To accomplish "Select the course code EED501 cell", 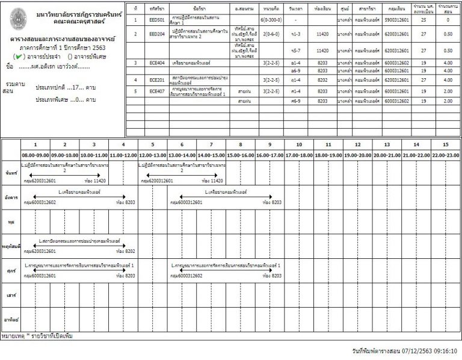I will pos(158,20).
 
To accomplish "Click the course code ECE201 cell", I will pos(158,79).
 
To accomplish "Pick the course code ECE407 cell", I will pos(158,91).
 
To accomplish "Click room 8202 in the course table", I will pos(322,79).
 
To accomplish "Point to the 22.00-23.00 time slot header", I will pos(446,155).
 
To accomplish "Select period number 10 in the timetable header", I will pos(299,145).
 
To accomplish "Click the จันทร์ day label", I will pos(10,173).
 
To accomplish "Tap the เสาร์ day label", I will pos(10,296).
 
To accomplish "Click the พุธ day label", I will pos(10,222).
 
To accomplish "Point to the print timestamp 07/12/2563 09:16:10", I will pos(429,349).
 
